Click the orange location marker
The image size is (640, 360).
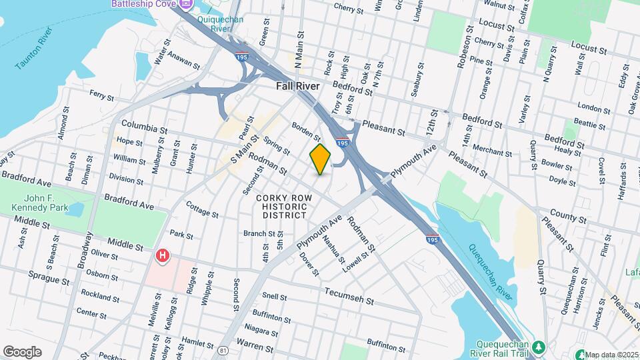[x=321, y=159]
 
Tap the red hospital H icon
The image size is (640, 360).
[x=161, y=255]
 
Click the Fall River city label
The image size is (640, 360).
[x=298, y=87]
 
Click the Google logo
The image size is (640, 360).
[x=22, y=351]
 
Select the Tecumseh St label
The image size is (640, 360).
[x=349, y=295]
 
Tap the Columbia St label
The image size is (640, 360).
[x=144, y=127]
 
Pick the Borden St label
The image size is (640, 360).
[x=307, y=131]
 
